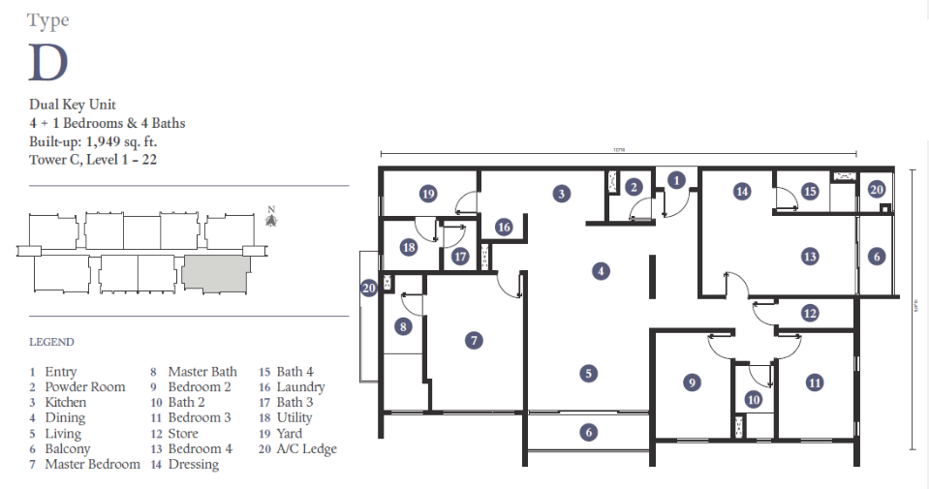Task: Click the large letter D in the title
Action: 48,62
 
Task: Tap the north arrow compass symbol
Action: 272,220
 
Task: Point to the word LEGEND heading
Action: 51,342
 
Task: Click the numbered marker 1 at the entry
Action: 676,179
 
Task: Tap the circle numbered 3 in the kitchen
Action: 561,194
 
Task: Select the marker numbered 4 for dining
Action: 602,272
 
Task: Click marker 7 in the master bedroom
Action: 474,341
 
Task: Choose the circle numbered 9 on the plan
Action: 692,383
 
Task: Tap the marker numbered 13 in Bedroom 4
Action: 810,257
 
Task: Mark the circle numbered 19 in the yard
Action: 428,195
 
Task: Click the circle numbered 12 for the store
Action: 810,313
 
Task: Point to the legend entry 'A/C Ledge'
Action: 307,448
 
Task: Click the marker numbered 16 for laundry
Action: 503,228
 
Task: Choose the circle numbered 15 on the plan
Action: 810,192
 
